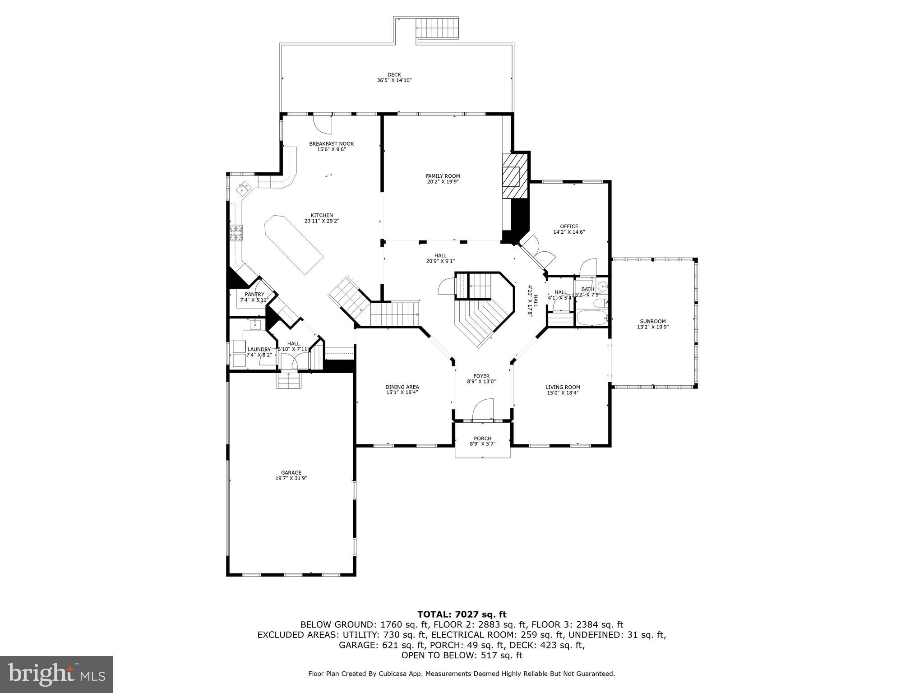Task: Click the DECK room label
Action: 394,75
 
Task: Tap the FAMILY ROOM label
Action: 443,176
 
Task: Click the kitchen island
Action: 294,244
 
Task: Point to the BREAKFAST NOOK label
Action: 331,143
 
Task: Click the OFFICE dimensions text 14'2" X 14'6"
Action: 569,232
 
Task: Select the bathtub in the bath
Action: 591,318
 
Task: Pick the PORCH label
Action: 482,438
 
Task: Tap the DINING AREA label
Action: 402,387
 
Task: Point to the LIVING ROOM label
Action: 563,387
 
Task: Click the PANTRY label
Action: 254,294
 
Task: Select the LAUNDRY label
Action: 259,349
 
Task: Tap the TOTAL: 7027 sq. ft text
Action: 462,614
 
